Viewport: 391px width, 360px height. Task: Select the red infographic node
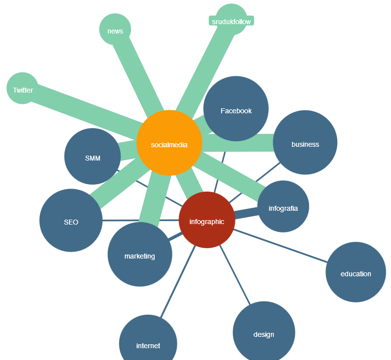pyautogui.click(x=207, y=220)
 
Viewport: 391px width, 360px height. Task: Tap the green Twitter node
pyautogui.click(x=22, y=89)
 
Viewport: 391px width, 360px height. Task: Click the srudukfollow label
pyautogui.click(x=231, y=21)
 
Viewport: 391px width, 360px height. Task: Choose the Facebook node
pyautogui.click(x=236, y=109)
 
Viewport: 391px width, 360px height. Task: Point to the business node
pyautogui.click(x=305, y=142)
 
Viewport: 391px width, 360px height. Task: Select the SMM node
pyautogui.click(x=93, y=157)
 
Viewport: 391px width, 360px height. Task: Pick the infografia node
pyautogui.click(x=283, y=206)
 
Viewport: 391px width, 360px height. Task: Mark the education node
pyautogui.click(x=356, y=272)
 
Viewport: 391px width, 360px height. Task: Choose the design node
pyautogui.click(x=263, y=332)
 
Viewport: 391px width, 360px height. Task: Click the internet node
pyautogui.click(x=148, y=343)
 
